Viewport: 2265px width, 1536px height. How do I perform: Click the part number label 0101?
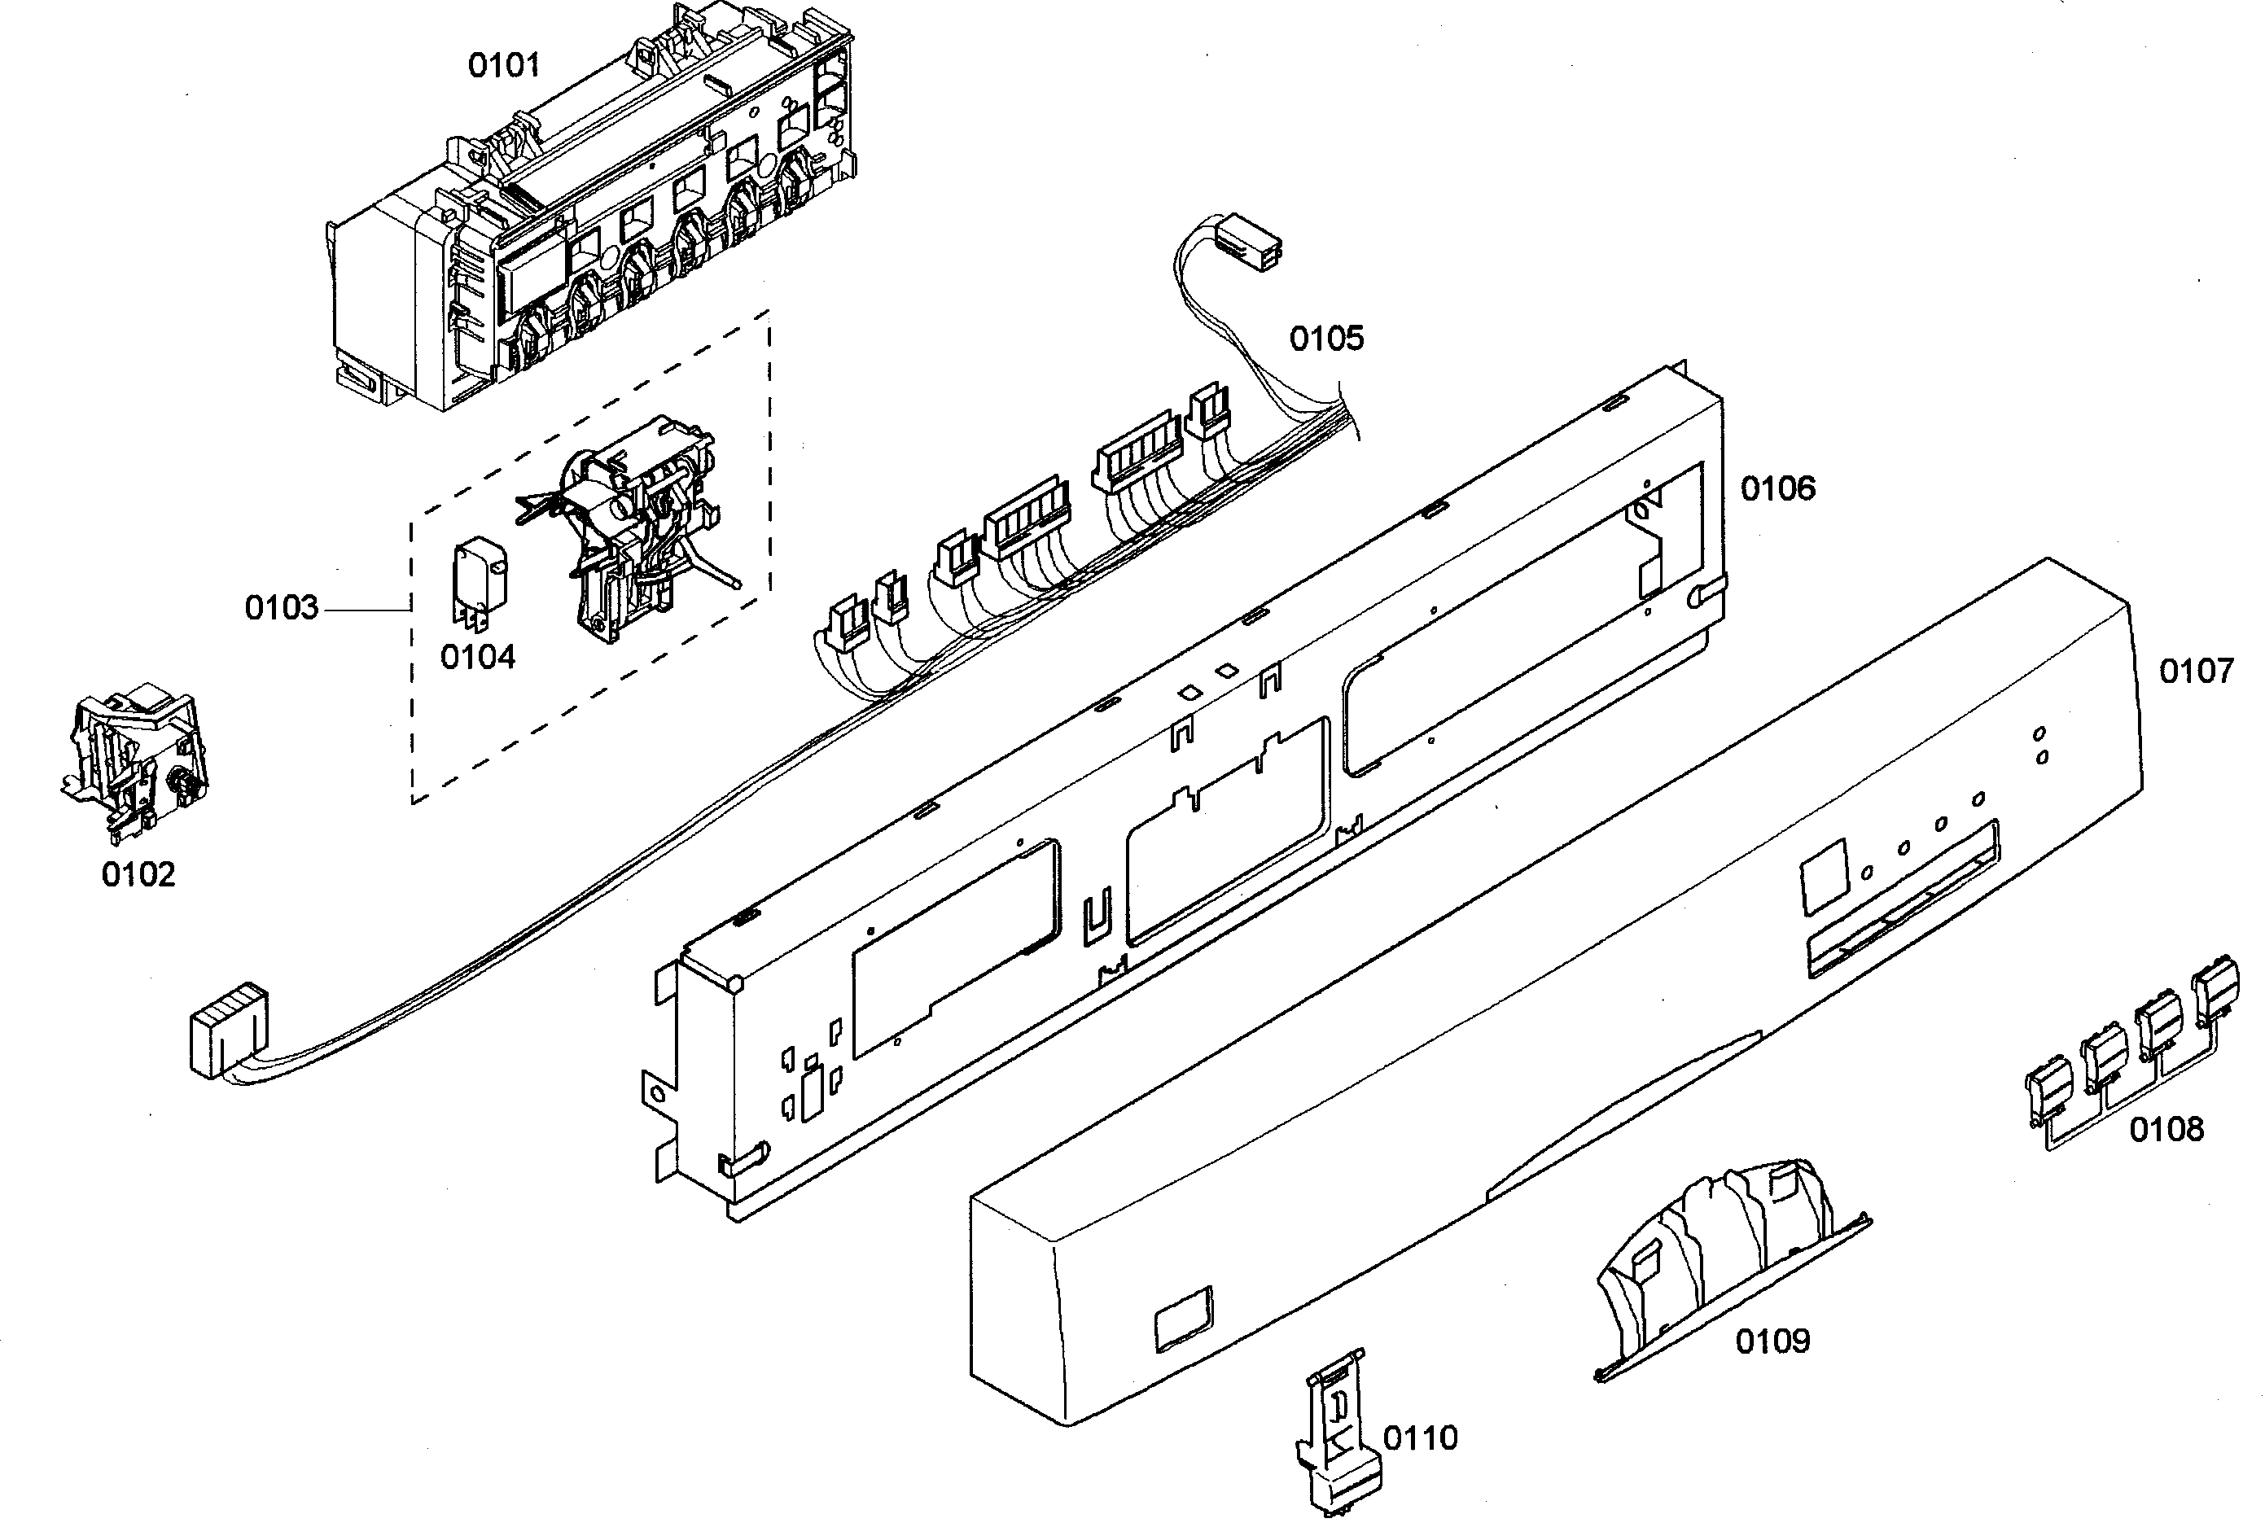(503, 65)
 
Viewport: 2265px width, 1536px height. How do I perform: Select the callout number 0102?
(138, 874)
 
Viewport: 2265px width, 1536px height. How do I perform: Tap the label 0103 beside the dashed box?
(281, 607)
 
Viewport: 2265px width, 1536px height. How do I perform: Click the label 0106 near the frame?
(1777, 488)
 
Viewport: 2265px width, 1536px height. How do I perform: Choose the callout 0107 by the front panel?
(2196, 671)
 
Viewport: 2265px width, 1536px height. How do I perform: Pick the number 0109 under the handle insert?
(1772, 1341)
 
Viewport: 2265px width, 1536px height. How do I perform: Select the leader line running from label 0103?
(366, 609)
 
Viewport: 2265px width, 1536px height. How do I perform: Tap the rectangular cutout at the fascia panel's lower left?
(1183, 1319)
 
